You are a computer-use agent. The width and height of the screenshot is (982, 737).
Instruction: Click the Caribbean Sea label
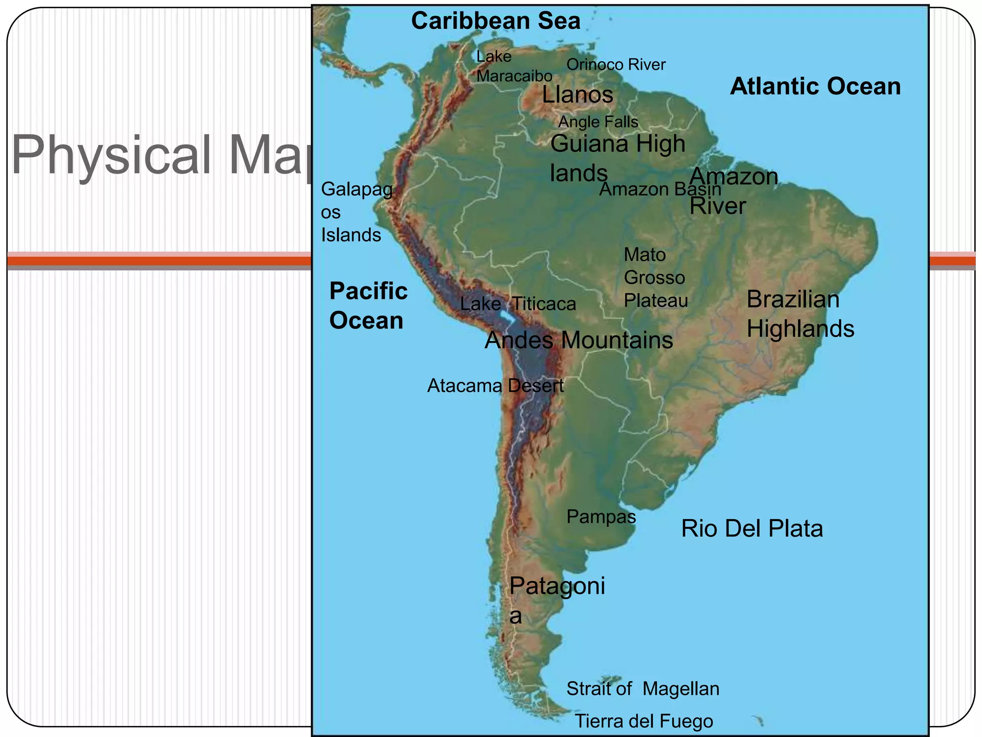coord(496,21)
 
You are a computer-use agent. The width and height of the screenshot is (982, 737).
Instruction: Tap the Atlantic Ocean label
coord(815,87)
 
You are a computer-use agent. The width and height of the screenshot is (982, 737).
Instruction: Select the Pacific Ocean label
coord(368,306)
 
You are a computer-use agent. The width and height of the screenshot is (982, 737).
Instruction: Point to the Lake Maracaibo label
coord(514,66)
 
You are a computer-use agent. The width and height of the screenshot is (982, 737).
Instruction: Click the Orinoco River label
coord(616,64)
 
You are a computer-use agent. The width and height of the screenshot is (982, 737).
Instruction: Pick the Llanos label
coord(577,95)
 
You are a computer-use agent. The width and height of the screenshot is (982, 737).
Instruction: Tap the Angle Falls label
coord(598,122)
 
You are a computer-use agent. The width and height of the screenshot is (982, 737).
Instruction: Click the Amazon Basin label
coord(660,189)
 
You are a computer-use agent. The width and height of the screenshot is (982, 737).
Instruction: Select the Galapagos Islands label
coord(356,212)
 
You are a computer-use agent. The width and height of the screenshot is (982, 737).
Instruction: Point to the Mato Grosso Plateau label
coord(655,278)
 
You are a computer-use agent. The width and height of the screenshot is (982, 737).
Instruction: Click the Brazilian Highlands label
coord(800,314)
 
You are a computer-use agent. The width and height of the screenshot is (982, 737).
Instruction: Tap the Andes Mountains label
coord(579,340)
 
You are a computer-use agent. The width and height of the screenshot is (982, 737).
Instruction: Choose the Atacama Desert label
coord(495,386)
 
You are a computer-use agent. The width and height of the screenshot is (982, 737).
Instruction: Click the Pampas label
coord(601,517)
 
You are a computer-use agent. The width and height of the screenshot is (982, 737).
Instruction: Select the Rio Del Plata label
coord(752,529)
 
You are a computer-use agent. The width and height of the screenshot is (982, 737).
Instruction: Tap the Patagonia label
coord(557,600)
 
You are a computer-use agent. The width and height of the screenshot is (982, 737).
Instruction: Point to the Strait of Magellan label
coord(643,689)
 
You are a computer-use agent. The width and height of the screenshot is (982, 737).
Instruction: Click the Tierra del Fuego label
coord(643,721)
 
